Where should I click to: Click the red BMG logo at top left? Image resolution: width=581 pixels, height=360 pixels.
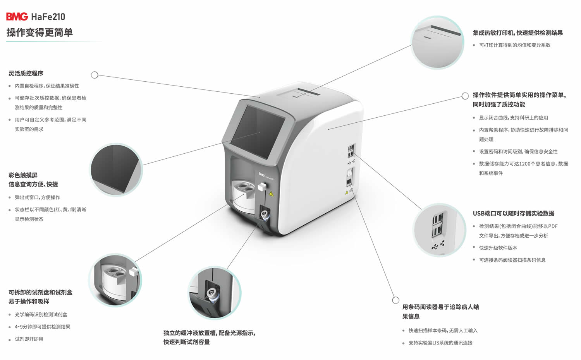click(17, 17)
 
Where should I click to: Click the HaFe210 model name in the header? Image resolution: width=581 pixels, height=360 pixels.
click(48, 17)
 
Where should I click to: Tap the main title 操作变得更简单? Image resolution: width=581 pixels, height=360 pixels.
click(40, 33)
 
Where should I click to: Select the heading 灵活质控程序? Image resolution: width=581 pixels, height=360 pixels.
click(26, 73)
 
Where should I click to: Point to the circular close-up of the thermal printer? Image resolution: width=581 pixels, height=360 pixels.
click(437, 42)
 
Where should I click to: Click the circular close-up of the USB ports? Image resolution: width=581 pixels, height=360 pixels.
click(439, 230)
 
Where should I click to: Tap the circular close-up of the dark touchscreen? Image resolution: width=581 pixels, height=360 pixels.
click(116, 170)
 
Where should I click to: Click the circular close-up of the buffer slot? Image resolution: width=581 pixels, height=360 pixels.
click(215, 293)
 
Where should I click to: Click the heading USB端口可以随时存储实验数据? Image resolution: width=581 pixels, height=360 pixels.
click(514, 213)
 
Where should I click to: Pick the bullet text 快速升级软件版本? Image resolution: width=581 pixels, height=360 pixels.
click(498, 248)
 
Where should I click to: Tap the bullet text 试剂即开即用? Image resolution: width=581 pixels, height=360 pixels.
click(29, 339)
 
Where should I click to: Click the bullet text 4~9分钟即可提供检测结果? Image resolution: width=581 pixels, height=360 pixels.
click(43, 327)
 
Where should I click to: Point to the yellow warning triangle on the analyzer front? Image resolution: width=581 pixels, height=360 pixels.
click(271, 194)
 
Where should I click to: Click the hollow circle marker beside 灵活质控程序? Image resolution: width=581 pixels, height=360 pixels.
click(95, 75)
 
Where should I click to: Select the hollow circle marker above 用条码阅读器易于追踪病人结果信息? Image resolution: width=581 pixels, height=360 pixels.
click(395, 300)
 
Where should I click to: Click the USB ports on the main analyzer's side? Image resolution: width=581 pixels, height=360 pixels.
click(351, 151)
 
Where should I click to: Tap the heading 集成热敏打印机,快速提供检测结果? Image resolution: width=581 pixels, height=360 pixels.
click(518, 33)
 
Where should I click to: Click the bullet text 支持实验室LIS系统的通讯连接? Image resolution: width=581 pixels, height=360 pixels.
click(440, 343)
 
